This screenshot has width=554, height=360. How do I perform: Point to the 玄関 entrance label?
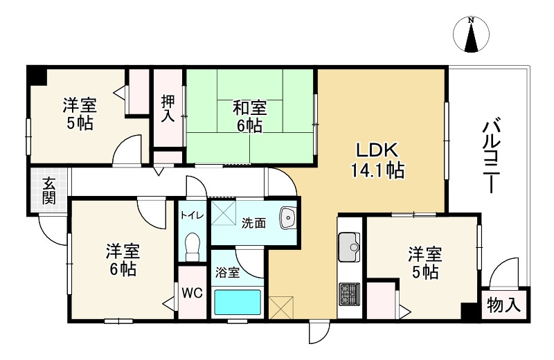pos(48,191)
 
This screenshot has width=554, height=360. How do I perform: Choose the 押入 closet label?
pos(168,108)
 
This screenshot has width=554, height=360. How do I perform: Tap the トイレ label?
pos(192,215)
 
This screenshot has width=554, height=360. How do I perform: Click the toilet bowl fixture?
pos(193,245)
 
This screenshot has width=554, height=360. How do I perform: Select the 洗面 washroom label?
pos(253,223)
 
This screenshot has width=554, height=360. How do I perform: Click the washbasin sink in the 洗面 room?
pos(287,219)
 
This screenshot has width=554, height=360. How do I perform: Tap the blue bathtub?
pos(237,303)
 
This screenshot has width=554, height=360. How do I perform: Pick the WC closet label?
pos(192,293)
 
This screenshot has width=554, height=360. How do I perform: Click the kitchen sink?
pos(350,245)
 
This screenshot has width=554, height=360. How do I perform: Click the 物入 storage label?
pos(504,305)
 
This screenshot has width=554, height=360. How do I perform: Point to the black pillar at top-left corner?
pos(35,73)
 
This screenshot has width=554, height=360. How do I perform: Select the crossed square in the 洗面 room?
pos(223,212)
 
